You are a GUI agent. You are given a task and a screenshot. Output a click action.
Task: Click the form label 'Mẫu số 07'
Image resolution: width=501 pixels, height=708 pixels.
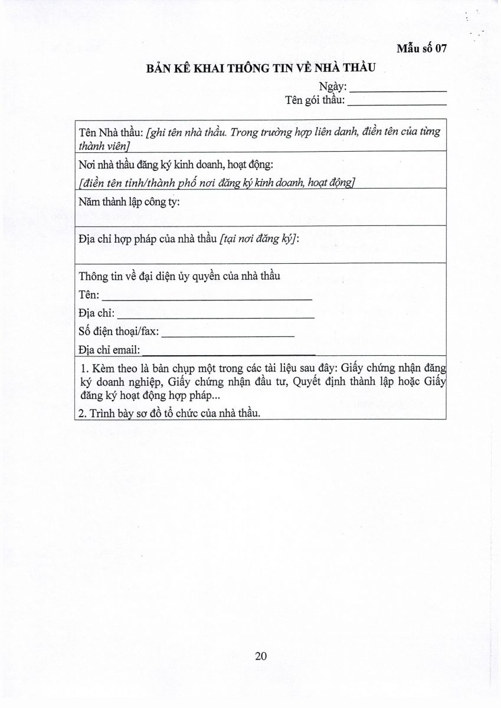point(421,50)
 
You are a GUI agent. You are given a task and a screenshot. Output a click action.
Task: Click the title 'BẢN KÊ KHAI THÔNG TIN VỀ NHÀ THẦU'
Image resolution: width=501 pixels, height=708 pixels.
point(261,68)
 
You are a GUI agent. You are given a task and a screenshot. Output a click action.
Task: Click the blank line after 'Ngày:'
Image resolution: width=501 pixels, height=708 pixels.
point(399,89)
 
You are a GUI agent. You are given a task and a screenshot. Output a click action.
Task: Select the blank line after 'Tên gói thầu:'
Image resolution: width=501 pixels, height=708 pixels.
point(397,101)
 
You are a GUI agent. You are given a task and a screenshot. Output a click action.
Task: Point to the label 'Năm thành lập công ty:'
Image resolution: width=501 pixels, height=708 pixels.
point(129,202)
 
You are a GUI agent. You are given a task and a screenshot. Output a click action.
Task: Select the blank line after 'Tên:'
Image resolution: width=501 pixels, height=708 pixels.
point(207,297)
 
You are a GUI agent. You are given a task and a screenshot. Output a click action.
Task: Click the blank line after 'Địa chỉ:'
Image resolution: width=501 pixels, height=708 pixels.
point(216,315)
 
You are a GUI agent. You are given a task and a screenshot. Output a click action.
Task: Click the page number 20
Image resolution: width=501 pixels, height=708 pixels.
point(261,656)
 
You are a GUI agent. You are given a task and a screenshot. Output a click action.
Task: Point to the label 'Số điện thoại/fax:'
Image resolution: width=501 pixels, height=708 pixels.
point(118,332)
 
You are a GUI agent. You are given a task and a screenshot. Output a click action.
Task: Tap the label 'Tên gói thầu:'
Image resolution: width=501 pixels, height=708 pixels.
point(315,100)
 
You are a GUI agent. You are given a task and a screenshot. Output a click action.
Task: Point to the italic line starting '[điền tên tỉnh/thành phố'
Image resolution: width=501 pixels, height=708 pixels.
point(216,182)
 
